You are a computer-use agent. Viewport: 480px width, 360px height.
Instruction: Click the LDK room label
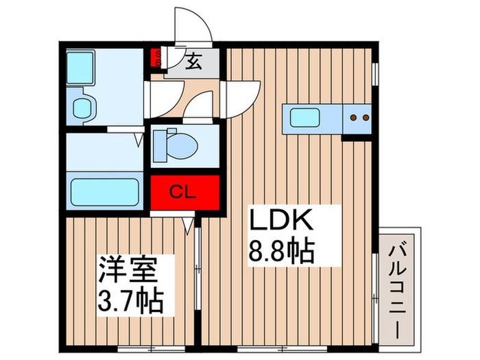280,221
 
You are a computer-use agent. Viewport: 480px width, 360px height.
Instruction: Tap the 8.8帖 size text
281,251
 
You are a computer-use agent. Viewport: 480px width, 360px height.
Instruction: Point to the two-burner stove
357,118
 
